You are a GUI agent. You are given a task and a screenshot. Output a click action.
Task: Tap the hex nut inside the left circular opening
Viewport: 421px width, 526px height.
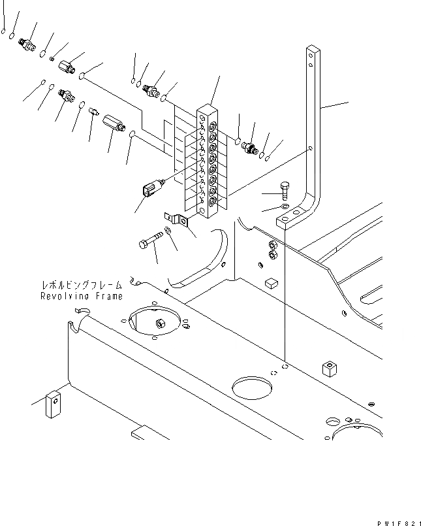point(159,323)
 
